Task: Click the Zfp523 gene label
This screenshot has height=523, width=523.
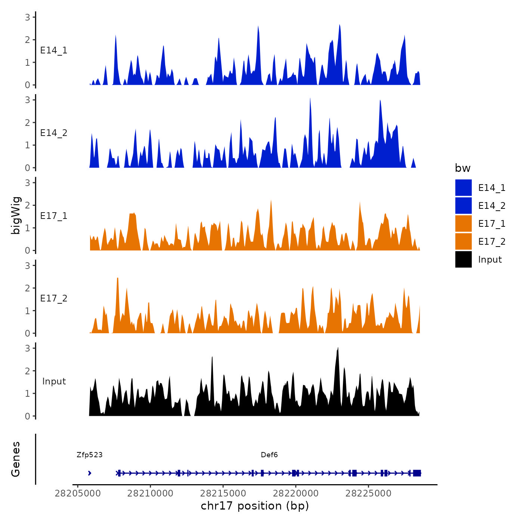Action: coord(89,455)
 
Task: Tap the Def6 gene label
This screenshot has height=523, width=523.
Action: coord(269,455)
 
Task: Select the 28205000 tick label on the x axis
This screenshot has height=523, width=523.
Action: coord(78,493)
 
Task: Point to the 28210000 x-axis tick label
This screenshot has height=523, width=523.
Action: coord(150,493)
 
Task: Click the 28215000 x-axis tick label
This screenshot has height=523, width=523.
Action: coord(223,493)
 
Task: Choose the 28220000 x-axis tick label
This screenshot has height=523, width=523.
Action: coord(295,493)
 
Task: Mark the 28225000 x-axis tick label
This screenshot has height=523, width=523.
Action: coord(368,493)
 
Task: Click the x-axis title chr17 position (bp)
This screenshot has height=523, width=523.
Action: coord(255,506)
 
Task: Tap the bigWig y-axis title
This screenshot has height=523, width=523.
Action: coord(16,216)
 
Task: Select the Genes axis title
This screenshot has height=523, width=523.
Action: coord(16,459)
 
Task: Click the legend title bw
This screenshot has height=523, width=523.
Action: coord(462,168)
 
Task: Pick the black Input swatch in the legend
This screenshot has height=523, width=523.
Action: coord(463,259)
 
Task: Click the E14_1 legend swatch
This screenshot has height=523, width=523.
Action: coord(463,188)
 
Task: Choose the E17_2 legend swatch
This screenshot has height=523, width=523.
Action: coord(463,241)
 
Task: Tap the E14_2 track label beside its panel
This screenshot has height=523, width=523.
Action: coord(54,133)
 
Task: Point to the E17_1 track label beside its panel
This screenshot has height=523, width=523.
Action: coord(54,216)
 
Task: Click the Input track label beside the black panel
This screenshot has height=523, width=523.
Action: coord(54,381)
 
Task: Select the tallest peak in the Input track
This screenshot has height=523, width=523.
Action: coord(338,349)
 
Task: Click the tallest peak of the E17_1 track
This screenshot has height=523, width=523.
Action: coord(271,201)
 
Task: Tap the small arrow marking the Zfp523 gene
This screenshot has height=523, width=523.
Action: coord(90,473)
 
